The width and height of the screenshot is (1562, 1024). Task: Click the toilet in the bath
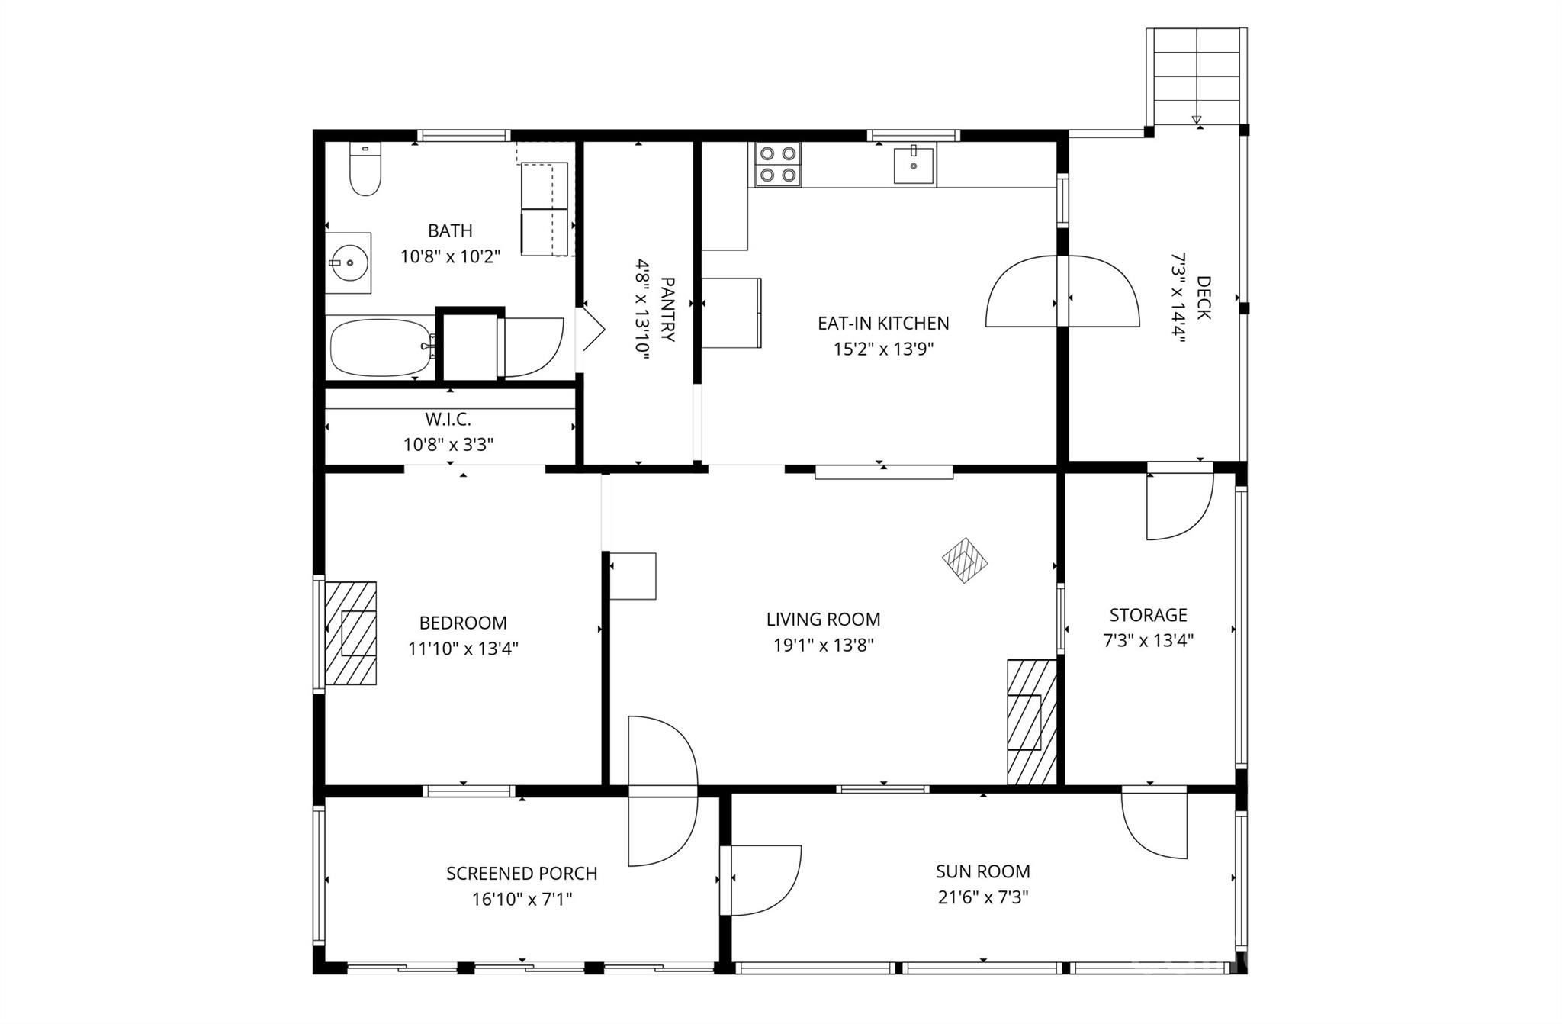365,169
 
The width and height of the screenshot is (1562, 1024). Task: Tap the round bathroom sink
349,262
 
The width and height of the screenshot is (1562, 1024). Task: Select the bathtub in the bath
379,348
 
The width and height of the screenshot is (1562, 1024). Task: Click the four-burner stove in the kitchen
777,165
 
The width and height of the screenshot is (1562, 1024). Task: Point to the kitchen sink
913,166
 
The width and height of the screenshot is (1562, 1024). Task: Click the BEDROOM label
463,623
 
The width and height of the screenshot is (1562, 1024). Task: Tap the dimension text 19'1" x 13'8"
823,646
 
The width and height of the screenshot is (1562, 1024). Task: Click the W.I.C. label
448,419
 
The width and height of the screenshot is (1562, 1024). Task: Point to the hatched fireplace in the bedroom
351,633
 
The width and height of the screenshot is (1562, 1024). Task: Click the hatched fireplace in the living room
1031,722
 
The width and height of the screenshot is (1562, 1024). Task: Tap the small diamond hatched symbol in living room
965,561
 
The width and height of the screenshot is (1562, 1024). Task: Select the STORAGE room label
1148,615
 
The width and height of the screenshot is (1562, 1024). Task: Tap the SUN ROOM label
982,871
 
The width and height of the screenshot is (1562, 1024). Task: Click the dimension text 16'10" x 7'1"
522,900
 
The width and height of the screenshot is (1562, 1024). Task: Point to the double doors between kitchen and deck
1062,292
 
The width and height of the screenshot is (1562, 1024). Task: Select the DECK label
1203,298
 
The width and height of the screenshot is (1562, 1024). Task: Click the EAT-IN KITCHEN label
883,323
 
